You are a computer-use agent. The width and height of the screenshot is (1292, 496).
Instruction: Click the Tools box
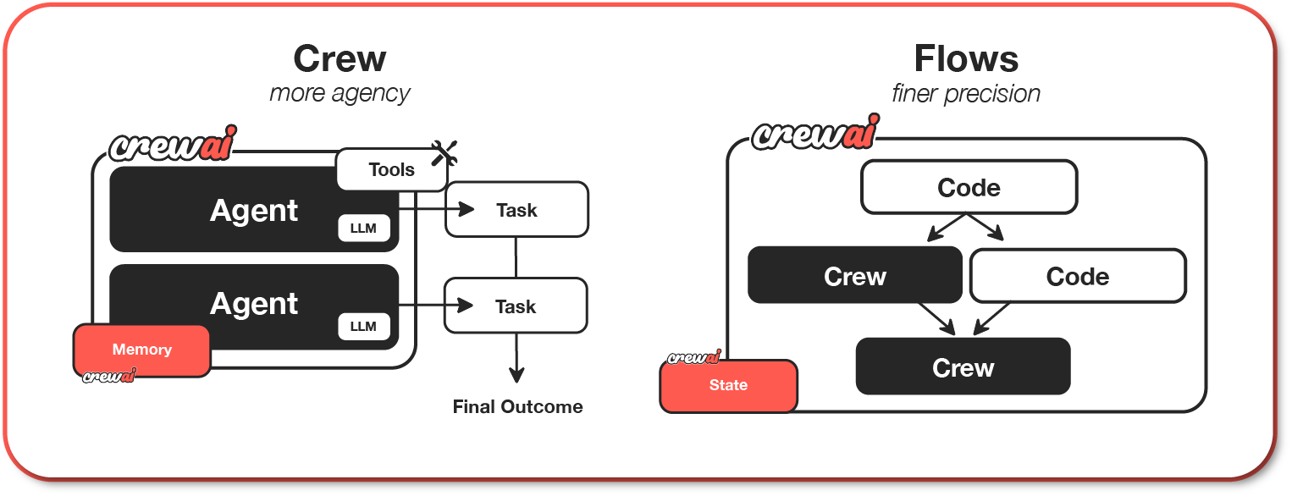[391, 169]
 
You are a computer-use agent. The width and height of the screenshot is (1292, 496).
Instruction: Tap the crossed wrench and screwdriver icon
[444, 153]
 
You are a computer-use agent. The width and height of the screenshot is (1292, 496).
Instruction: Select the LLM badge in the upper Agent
[363, 229]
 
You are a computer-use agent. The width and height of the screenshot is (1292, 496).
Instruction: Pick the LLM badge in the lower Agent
[363, 327]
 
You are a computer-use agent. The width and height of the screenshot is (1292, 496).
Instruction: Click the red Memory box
[141, 350]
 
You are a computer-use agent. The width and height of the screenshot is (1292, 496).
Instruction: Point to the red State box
[728, 386]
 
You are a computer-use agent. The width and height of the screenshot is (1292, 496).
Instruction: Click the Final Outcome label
[517, 407]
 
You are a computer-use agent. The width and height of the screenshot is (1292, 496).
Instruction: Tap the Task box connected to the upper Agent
[516, 209]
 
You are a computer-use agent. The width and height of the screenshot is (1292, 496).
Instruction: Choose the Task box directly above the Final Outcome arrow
[516, 306]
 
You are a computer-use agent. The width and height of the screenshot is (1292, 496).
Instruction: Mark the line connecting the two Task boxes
[516, 257]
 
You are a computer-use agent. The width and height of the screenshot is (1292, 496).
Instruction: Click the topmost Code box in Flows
[969, 187]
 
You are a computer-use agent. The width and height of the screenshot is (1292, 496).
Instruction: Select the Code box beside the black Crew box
[1077, 276]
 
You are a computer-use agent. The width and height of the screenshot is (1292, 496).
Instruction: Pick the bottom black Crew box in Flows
[963, 367]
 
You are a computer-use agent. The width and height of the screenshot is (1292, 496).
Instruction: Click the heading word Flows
[966, 59]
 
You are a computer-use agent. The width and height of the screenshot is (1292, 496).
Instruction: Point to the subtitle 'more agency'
[340, 92]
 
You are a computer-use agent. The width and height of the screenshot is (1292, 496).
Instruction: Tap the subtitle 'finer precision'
[966, 92]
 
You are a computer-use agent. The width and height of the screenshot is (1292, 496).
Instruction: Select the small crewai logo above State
[693, 358]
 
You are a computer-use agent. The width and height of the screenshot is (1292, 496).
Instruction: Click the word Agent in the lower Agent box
[254, 304]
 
